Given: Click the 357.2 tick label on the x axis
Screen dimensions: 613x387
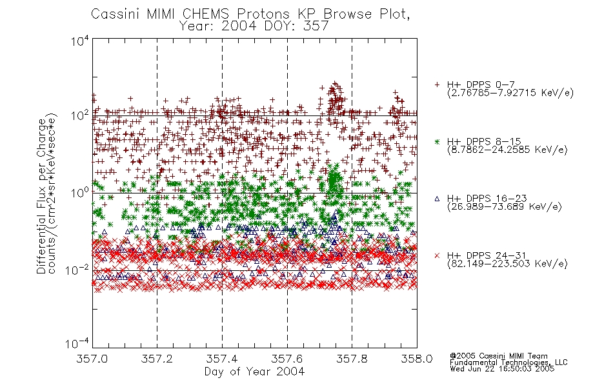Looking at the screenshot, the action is click(157, 359).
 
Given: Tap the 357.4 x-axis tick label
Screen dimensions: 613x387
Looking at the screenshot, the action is click(222, 359).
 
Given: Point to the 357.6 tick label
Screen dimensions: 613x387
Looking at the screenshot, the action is click(287, 359).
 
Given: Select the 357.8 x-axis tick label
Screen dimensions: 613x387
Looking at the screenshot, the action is click(352, 359).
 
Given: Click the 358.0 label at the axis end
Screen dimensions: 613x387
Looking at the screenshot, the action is click(417, 359).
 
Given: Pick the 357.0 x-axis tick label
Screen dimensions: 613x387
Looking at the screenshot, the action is click(92, 359).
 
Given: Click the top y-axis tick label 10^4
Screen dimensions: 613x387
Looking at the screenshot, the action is click(80, 41).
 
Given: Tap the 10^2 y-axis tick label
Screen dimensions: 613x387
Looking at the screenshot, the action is click(80, 115).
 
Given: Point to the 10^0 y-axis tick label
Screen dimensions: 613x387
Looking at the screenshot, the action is click(80, 193).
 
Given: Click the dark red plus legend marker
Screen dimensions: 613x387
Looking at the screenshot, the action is click(437, 84).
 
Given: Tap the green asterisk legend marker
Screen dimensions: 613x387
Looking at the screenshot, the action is click(437, 141).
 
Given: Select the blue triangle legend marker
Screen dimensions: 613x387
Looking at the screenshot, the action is click(437, 199).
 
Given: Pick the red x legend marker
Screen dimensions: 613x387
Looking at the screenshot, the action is click(437, 255).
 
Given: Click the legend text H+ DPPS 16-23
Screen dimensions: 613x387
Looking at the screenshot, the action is click(487, 199).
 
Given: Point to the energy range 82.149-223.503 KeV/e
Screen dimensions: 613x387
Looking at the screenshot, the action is click(507, 264).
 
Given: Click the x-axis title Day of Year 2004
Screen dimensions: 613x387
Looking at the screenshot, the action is click(254, 372).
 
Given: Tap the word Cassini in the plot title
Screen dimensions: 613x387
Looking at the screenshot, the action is click(116, 14).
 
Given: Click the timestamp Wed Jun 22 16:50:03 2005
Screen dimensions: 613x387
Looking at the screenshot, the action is click(502, 368).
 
